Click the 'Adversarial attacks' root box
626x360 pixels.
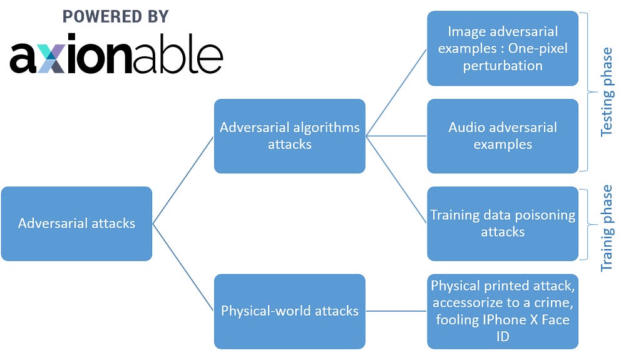tap(76, 224)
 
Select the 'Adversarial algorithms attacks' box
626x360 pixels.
tap(289, 136)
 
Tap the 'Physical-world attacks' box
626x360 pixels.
tap(289, 311)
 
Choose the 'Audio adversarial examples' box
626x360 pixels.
tap(503, 136)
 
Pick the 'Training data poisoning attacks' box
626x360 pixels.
tap(503, 224)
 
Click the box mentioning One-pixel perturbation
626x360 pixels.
tap(503, 48)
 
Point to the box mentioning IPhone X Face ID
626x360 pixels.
tap(503, 311)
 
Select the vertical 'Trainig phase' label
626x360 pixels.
tap(607, 228)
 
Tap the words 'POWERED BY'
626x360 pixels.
tap(116, 17)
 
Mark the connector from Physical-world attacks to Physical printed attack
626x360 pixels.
tap(396, 311)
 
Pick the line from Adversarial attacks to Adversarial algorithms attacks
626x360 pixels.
tap(183, 180)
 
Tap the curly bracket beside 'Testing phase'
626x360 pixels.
tap(587, 91)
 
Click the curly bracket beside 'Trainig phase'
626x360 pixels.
tap(587, 224)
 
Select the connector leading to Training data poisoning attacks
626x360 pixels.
tap(397, 180)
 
